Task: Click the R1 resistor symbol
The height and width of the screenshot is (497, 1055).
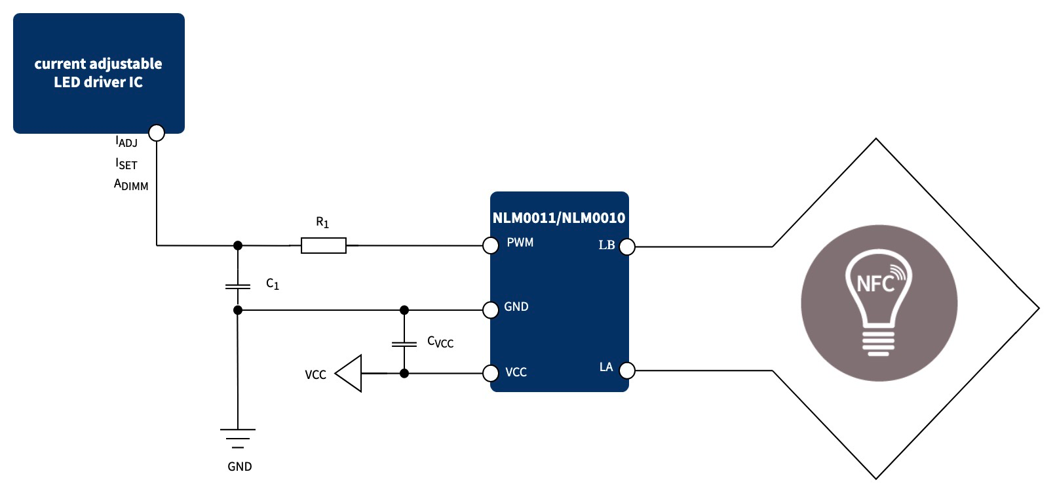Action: pyautogui.click(x=323, y=246)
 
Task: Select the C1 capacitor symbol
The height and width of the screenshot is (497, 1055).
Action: pyautogui.click(x=238, y=287)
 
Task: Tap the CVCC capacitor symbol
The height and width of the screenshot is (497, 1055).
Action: pyautogui.click(x=404, y=344)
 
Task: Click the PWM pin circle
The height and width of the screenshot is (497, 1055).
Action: pyautogui.click(x=491, y=246)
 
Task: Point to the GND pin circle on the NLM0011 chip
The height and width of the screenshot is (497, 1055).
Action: pyautogui.click(x=491, y=309)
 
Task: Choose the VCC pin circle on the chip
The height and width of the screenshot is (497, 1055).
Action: pyautogui.click(x=491, y=374)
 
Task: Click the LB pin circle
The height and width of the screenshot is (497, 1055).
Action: pyautogui.click(x=627, y=247)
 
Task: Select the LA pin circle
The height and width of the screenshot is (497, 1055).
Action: pyautogui.click(x=627, y=370)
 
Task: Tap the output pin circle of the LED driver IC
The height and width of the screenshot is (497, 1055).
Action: pyautogui.click(x=157, y=132)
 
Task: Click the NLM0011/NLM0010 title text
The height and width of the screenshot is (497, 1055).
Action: pyautogui.click(x=559, y=218)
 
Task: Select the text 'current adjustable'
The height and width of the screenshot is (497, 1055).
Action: pyautogui.click(x=98, y=64)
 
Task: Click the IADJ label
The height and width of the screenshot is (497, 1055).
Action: pyautogui.click(x=126, y=142)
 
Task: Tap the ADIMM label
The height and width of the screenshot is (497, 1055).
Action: pyautogui.click(x=131, y=185)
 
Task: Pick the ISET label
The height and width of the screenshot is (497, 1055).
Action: pyautogui.click(x=126, y=164)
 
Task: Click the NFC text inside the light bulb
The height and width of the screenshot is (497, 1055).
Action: pyautogui.click(x=875, y=284)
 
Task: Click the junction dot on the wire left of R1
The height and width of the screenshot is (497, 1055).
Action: pyautogui.click(x=238, y=245)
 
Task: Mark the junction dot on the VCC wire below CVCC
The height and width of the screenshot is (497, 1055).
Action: pyautogui.click(x=404, y=373)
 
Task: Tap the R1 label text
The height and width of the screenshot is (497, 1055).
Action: pyautogui.click(x=322, y=222)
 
